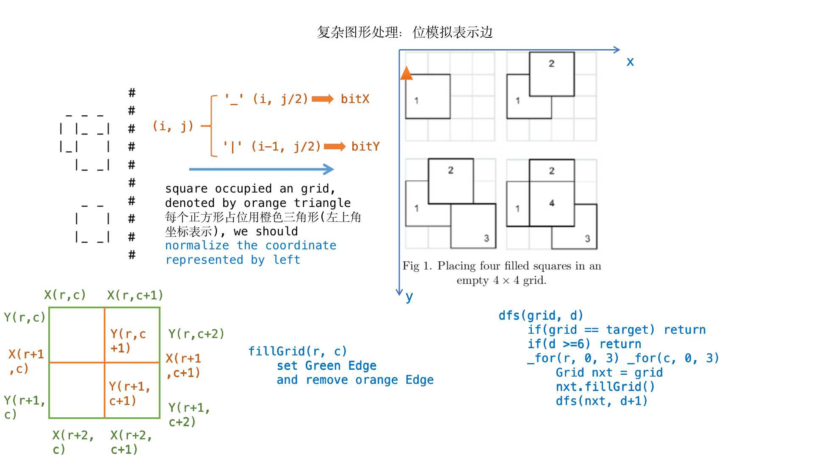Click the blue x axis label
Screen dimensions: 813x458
click(x=630, y=62)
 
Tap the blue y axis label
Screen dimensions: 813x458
click(x=409, y=297)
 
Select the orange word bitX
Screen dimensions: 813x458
click(x=355, y=99)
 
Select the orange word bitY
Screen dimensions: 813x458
click(x=365, y=147)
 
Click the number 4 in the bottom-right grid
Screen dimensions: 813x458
click(x=552, y=203)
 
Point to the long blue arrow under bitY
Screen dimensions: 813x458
click(x=261, y=169)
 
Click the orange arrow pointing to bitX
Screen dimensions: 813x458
click(x=323, y=99)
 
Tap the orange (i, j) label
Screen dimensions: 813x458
click(x=173, y=126)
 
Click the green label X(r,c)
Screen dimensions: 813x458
click(x=65, y=295)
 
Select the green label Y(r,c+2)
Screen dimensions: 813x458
click(x=196, y=334)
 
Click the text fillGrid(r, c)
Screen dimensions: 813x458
click(x=297, y=352)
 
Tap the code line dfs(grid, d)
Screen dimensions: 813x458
click(x=541, y=316)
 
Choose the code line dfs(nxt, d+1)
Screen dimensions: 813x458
click(x=602, y=401)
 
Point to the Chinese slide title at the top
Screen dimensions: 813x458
click(x=405, y=32)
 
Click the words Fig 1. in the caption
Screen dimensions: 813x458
click(x=417, y=266)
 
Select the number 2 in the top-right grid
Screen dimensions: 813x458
click(x=551, y=64)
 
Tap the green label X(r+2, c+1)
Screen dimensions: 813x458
click(x=131, y=442)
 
